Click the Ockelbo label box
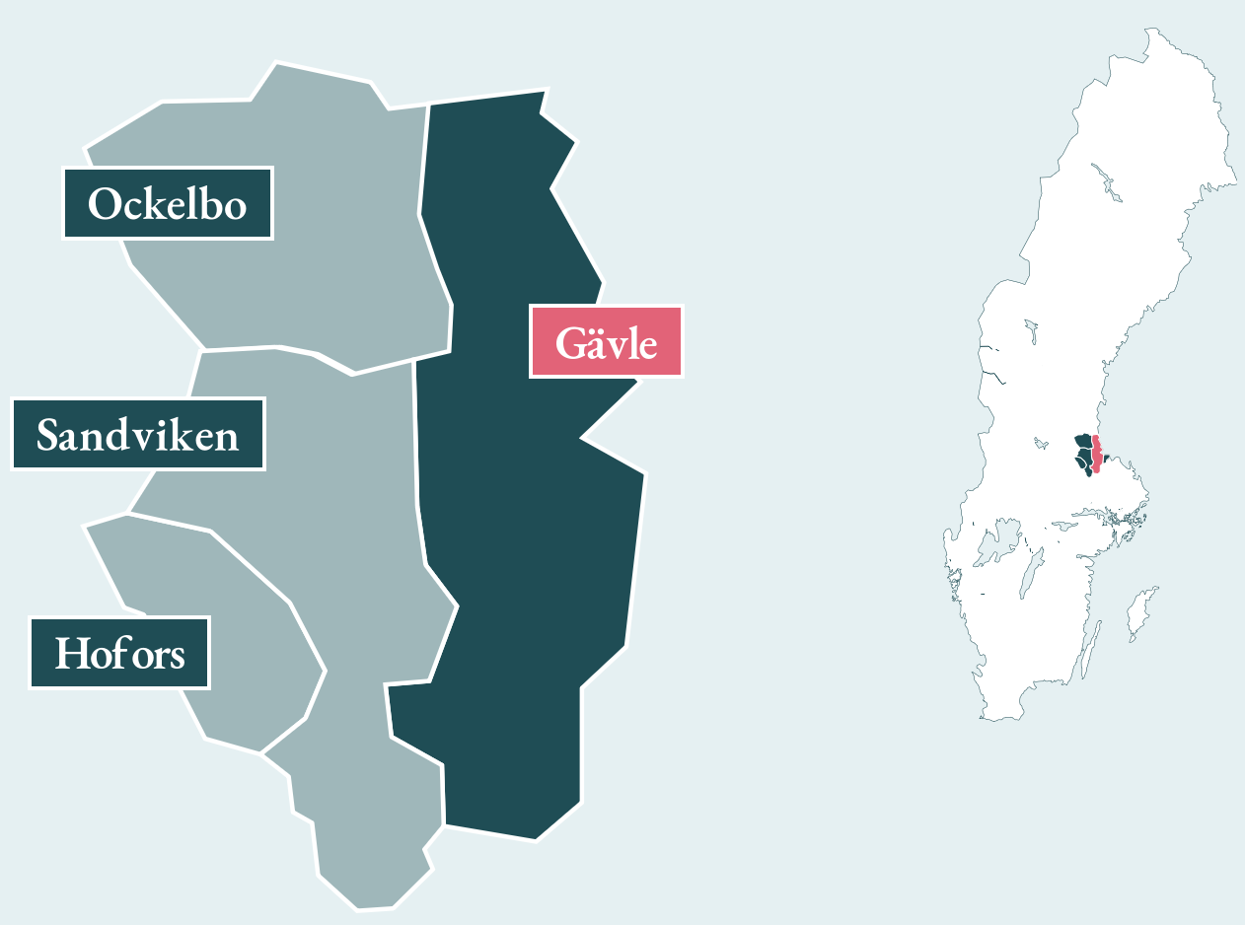click(168, 204)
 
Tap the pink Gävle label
click(606, 341)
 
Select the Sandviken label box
click(138, 434)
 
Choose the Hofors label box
click(119, 653)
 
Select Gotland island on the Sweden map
click(1140, 611)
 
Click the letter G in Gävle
click(570, 342)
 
